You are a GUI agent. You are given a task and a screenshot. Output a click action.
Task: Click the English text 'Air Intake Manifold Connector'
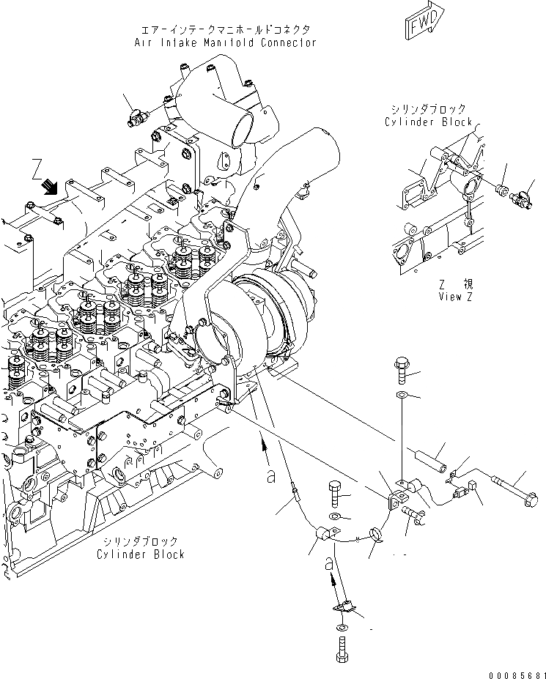tap(225, 42)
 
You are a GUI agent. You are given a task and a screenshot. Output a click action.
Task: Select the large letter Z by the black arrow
tap(37, 172)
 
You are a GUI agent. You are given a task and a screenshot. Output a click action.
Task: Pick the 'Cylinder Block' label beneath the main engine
tap(140, 554)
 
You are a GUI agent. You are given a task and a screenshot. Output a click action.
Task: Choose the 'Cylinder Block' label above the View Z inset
tap(429, 122)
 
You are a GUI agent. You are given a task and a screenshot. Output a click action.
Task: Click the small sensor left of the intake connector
tap(138, 116)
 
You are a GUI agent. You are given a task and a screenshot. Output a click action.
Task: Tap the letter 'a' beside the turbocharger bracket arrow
tap(271, 477)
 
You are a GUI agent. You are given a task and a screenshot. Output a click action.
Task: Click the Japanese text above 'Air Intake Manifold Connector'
tap(225, 29)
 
